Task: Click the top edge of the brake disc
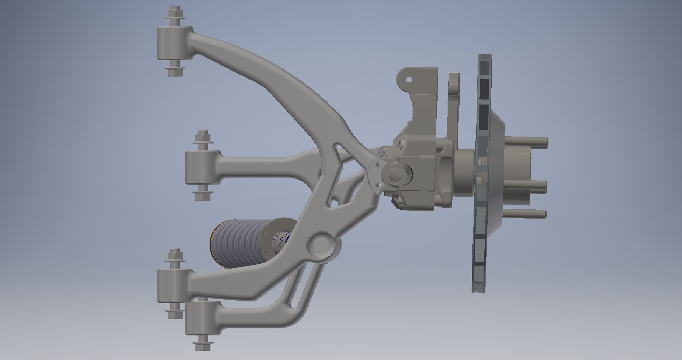click(485, 57)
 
